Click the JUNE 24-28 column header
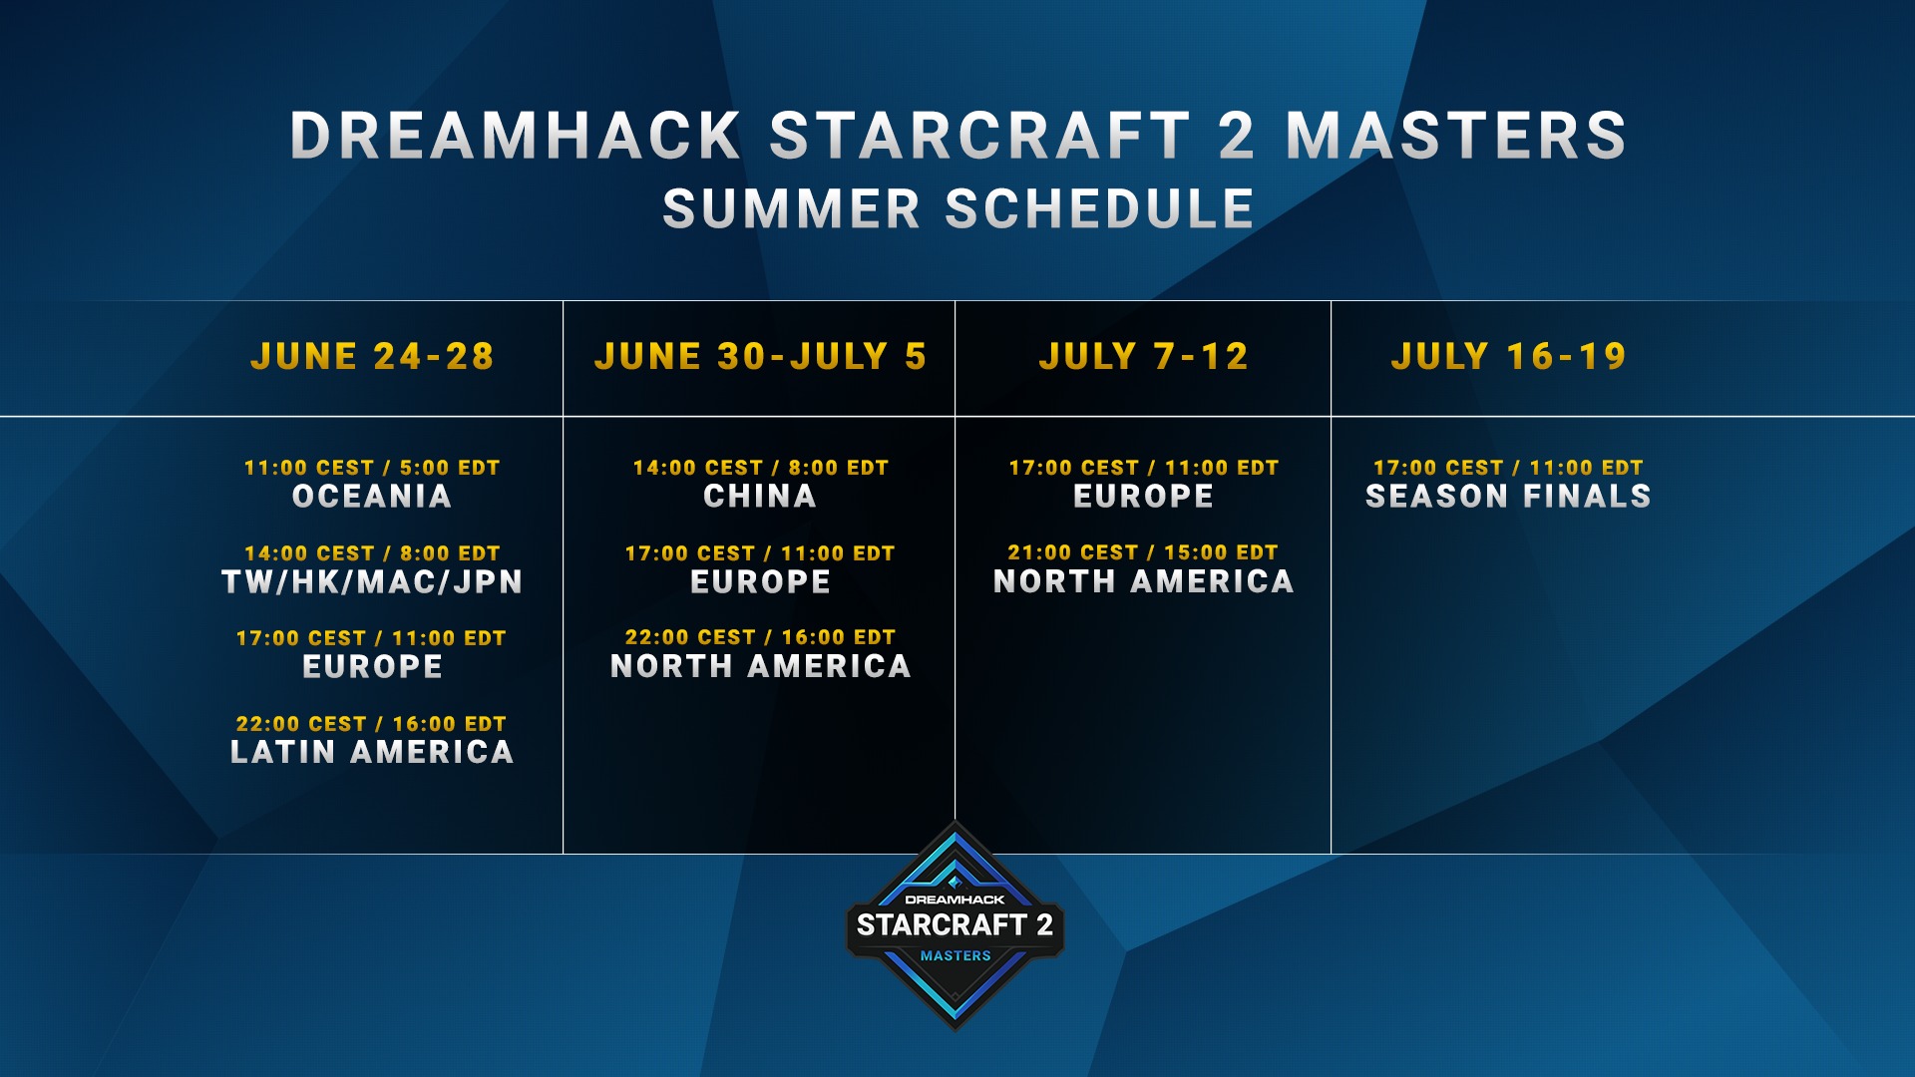pos(372,356)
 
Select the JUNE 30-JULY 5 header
pos(760,356)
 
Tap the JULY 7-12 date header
pos(1143,356)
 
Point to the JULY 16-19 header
pos(1508,356)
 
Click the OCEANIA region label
pos(372,496)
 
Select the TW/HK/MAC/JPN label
pos(372,581)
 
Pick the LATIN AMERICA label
pos(372,752)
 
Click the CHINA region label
pos(760,496)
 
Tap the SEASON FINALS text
pos(1508,496)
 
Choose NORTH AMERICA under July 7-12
pos(1143,581)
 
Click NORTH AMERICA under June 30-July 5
pos(760,666)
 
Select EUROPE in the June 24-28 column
pos(372,666)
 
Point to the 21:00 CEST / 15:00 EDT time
pos(1143,552)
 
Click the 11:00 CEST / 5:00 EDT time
pos(372,468)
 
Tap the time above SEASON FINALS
pos(1508,468)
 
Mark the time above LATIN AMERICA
pos(372,724)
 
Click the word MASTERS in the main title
pos(1456,136)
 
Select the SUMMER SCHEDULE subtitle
pos(958,208)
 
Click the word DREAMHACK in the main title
pos(516,136)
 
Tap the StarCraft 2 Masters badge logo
pos(956,925)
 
